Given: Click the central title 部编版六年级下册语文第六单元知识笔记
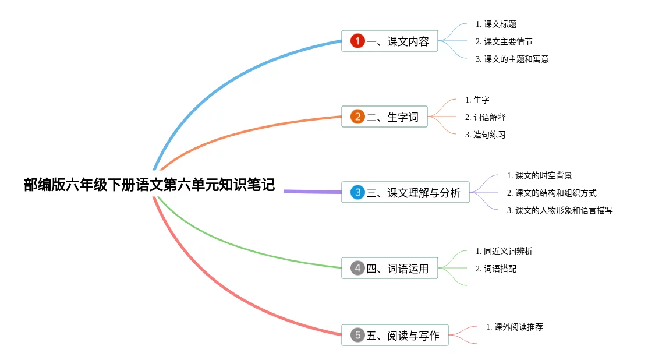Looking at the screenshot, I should click(149, 185).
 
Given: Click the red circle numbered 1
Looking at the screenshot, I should click(357, 41).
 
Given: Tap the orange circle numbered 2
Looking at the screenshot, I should click(357, 117).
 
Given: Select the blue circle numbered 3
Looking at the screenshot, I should click(357, 192).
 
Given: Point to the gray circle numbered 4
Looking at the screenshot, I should click(357, 268).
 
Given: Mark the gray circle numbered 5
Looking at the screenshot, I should click(357, 335).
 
